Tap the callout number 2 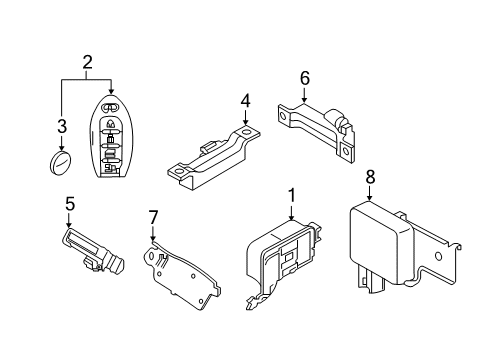(87, 63)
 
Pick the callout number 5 (69, 203)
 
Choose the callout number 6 (306, 76)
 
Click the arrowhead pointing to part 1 (291, 218)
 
